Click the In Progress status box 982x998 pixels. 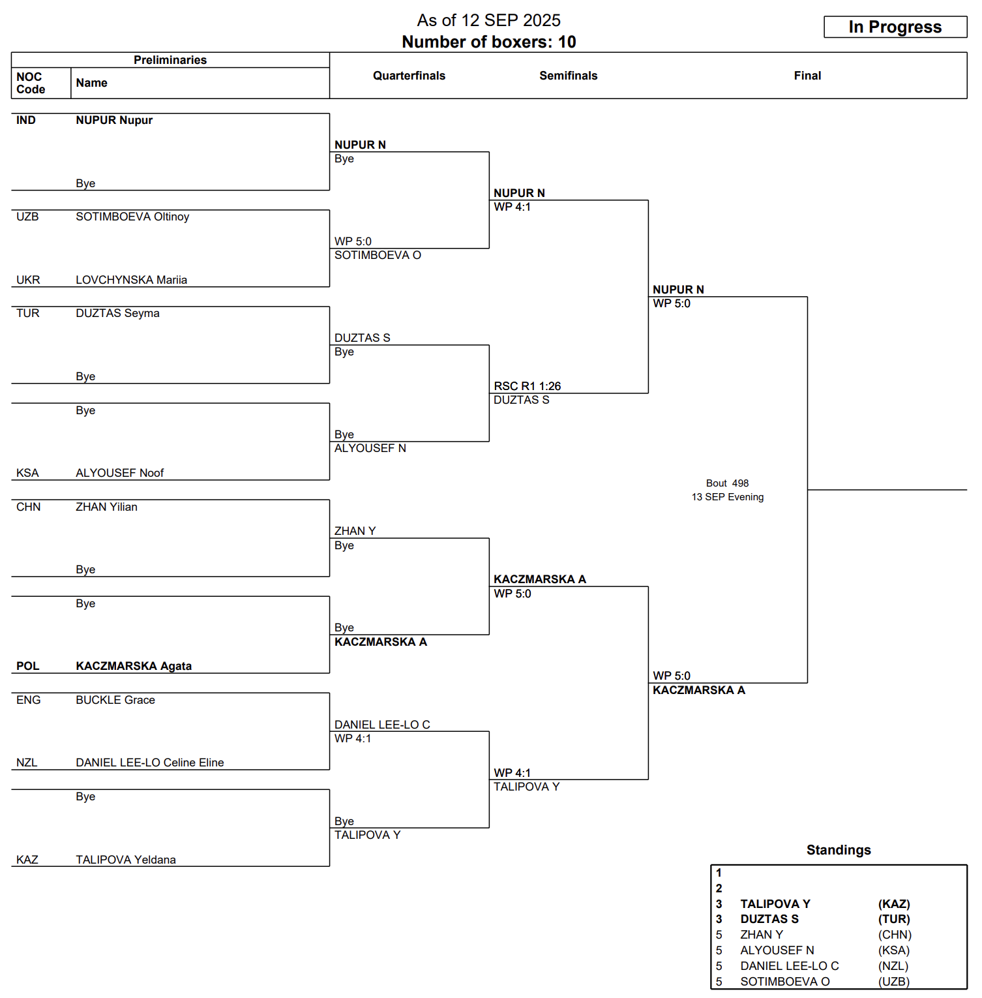[895, 27]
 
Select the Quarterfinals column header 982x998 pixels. [409, 76]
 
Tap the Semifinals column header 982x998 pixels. [568, 76]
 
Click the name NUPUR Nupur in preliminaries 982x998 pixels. [114, 120]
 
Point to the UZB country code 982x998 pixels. [27, 217]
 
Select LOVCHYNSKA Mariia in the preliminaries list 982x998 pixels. [131, 280]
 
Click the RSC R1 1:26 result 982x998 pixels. [527, 386]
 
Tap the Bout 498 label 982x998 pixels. [727, 483]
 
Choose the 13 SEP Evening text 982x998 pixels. [727, 497]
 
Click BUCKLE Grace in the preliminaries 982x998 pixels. [115, 700]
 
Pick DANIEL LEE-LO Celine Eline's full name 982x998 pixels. [149, 763]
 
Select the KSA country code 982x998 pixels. [27, 473]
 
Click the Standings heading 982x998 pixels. [839, 850]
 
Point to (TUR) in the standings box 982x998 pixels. [894, 919]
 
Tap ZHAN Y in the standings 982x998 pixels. [762, 935]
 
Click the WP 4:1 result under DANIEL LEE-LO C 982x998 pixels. [353, 738]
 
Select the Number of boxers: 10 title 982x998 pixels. [488, 42]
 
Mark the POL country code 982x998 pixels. [27, 666]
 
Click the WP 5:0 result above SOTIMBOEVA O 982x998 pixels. [353, 241]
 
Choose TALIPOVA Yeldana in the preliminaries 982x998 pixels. [126, 860]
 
